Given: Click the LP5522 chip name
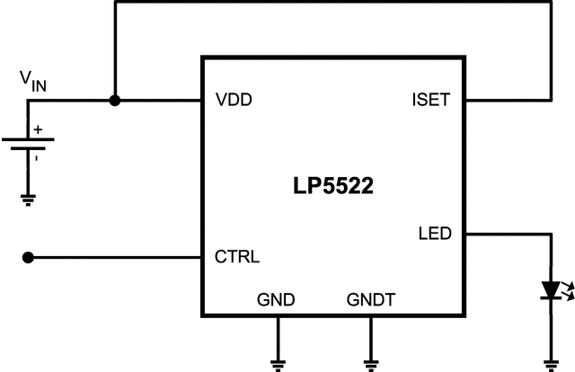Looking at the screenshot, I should point(332,187).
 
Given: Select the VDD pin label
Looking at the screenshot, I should point(234,100).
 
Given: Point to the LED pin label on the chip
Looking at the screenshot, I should point(435,235).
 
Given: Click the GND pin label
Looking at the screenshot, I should point(277,299).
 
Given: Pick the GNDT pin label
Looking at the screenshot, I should point(371,299).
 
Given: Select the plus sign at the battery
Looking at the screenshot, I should point(38,129).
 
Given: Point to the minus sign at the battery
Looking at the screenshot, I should point(37,157).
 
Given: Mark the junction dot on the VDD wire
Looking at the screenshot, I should point(115,100).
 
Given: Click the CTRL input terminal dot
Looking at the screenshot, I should point(28,258).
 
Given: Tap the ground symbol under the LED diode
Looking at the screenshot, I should point(549,364).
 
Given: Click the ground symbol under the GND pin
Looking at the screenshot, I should point(277,364).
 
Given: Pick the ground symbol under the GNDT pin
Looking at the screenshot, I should point(371,364).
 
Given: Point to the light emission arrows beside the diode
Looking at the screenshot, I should point(567,288).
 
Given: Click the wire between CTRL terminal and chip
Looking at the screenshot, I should point(117,258).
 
